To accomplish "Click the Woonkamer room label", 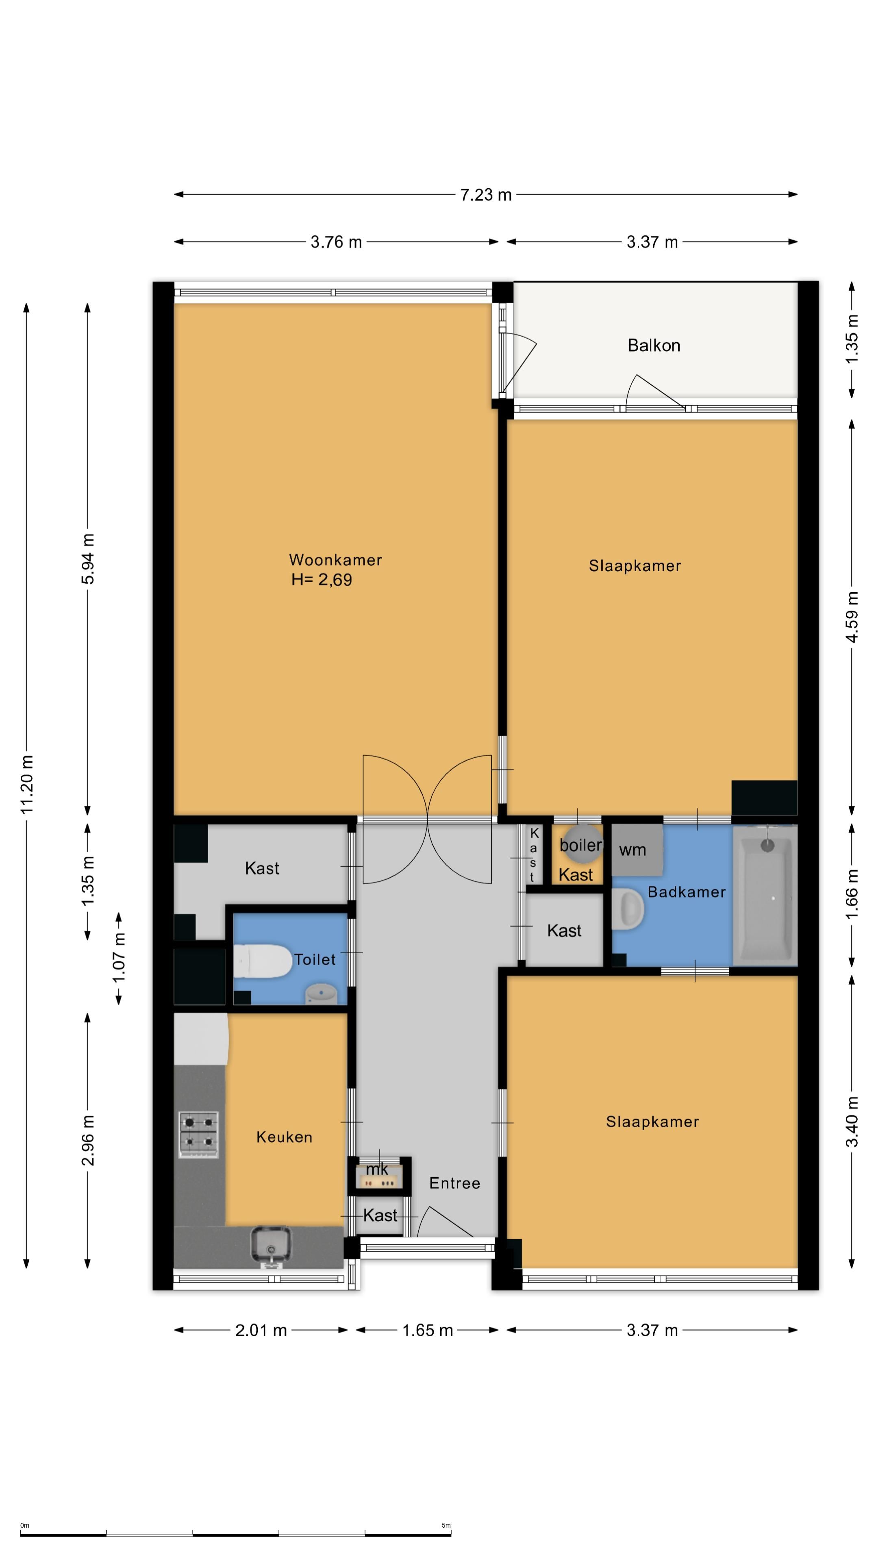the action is click(x=335, y=559).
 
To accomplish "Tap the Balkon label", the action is click(x=654, y=346).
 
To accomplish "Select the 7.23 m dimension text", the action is click(x=486, y=195).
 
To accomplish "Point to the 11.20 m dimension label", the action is click(x=27, y=784).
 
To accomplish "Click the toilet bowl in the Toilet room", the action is click(x=262, y=961).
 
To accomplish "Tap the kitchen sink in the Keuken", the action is click(x=270, y=1246).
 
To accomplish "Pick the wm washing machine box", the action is click(x=637, y=850).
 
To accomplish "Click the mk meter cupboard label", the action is click(x=377, y=1169).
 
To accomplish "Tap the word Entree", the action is click(x=454, y=1183).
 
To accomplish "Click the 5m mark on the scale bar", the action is click(x=447, y=1525).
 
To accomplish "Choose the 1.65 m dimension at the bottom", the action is click(x=428, y=1330).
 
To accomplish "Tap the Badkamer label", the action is click(x=687, y=892).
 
